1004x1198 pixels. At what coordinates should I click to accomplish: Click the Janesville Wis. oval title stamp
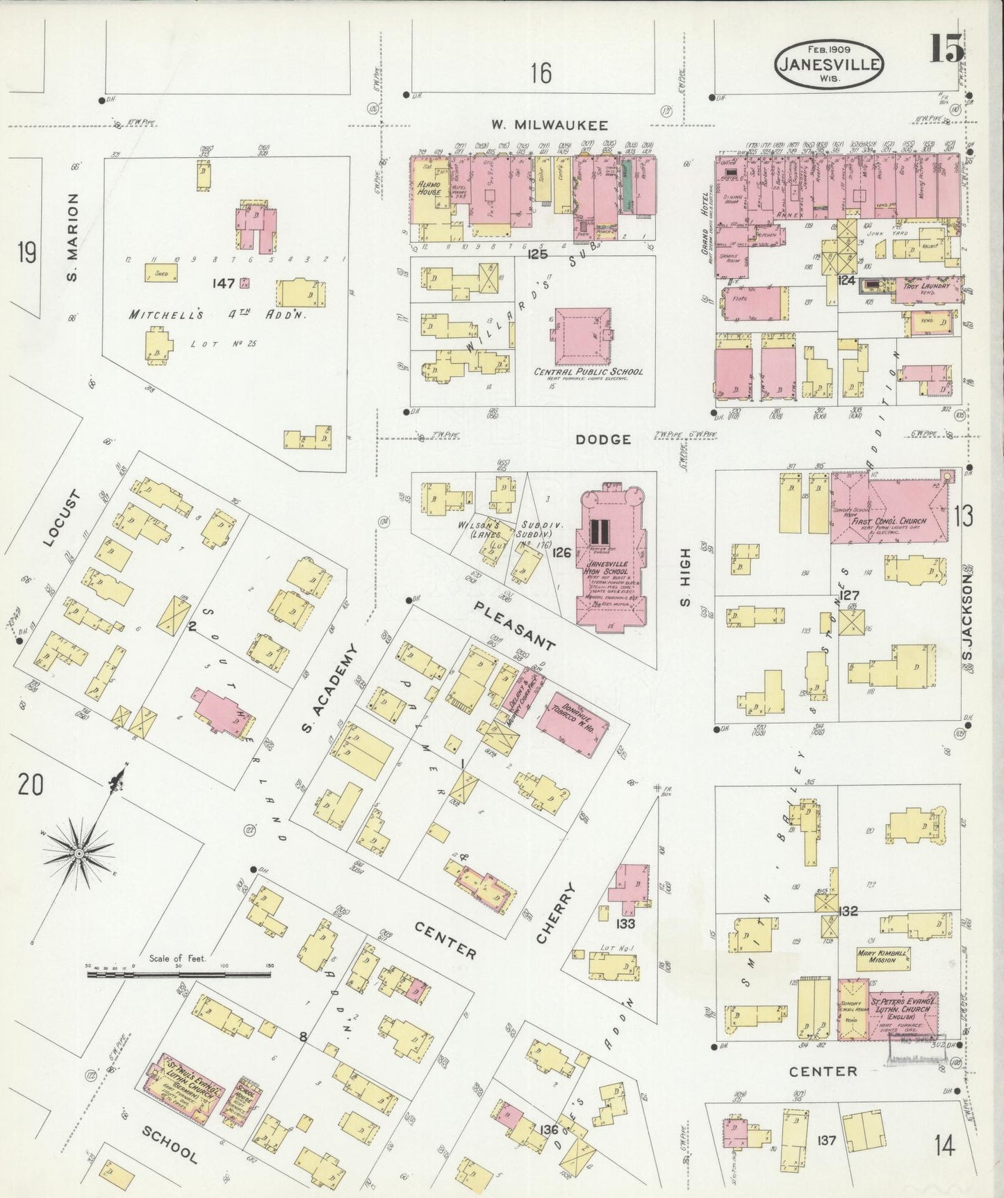pyautogui.click(x=828, y=64)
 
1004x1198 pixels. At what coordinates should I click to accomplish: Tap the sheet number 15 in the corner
pyautogui.click(x=946, y=49)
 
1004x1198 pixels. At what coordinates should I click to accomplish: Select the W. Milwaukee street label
pyautogui.click(x=550, y=125)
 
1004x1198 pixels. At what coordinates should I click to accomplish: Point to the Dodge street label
pyautogui.click(x=603, y=439)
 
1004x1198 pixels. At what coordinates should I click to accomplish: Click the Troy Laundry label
pyautogui.click(x=925, y=286)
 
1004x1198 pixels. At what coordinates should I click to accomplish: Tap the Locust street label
pyautogui.click(x=62, y=518)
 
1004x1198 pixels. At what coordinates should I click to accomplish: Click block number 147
pyautogui.click(x=224, y=283)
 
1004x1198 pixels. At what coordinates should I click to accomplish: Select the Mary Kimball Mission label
pyautogui.click(x=882, y=956)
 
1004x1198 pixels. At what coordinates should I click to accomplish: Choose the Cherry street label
pyautogui.click(x=557, y=913)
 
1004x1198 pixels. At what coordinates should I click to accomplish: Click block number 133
pyautogui.click(x=625, y=923)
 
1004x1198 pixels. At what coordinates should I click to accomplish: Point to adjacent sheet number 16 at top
pyautogui.click(x=541, y=72)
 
